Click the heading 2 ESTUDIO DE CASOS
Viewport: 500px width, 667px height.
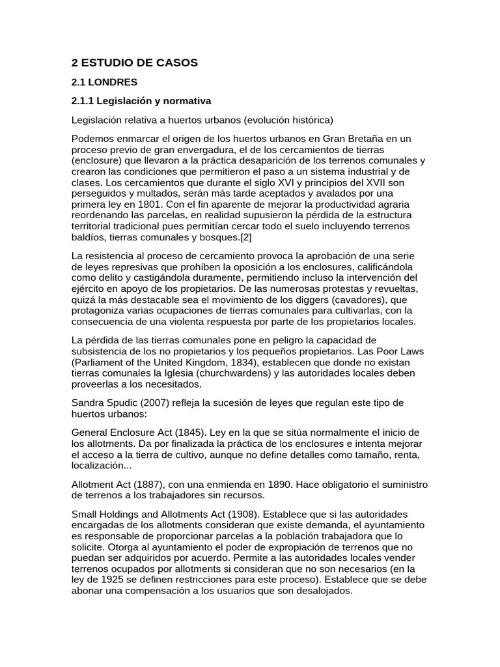134,63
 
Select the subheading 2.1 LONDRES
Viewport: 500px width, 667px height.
104,82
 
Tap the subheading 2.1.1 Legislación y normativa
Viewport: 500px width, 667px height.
141,101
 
